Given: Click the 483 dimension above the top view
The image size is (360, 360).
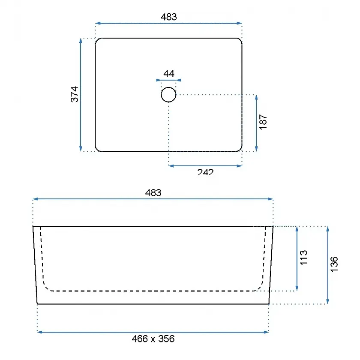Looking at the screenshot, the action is (x=169, y=17).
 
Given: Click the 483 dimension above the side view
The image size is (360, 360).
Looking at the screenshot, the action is (x=153, y=193).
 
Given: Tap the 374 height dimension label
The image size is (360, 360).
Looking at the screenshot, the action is (x=75, y=94).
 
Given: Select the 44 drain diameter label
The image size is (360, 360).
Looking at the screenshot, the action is (x=169, y=74).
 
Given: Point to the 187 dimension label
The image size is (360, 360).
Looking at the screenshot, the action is (x=263, y=122).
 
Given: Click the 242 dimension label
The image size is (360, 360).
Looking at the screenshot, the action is (x=205, y=172).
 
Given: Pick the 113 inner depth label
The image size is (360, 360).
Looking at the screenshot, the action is (x=303, y=258).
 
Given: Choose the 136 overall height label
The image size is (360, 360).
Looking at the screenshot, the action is (x=334, y=264).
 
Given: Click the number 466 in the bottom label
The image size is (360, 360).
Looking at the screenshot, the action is (x=140, y=339).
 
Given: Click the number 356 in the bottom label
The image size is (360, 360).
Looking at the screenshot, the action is (x=166, y=339).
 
